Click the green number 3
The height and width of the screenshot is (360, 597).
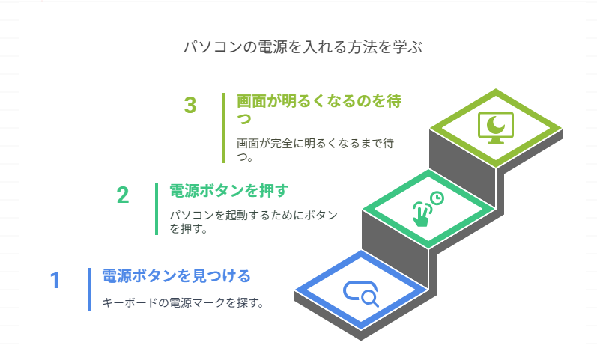coord(190,106)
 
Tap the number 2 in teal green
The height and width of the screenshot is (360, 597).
coord(123,195)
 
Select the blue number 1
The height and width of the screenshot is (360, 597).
coord(55,281)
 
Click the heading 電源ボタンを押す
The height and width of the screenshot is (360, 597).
coord(228,190)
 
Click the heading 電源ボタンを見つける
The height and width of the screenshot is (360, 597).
coord(176,275)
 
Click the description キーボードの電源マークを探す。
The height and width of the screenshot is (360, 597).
coord(183,304)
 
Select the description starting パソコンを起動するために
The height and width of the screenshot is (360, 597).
coord(253,222)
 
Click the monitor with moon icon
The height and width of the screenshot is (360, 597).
coord(495,126)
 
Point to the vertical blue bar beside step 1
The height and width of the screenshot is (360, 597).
coord(88,289)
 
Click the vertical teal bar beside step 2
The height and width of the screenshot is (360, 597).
coord(157,209)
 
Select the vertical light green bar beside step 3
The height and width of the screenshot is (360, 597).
coord(223,127)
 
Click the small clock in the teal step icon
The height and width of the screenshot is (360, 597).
coord(438,198)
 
